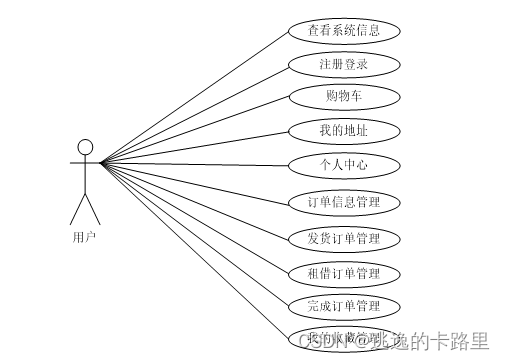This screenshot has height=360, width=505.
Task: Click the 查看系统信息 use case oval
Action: (344, 30)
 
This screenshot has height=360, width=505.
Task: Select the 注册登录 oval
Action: (344, 64)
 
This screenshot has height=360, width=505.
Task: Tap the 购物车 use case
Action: (344, 97)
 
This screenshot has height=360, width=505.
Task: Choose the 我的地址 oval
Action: (344, 130)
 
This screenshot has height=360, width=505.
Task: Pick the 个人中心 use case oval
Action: (344, 164)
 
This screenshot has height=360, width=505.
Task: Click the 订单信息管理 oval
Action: (344, 203)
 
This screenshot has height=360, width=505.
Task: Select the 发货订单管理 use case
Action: (344, 239)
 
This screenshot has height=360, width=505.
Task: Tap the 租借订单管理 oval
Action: (344, 273)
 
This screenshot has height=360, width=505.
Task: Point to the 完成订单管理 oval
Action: (344, 305)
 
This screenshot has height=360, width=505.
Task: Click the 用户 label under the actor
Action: (85, 237)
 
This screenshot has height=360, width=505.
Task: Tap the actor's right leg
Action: (94, 211)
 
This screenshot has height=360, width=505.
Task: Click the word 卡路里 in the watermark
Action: (465, 343)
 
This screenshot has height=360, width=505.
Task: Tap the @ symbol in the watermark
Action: (356, 343)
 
